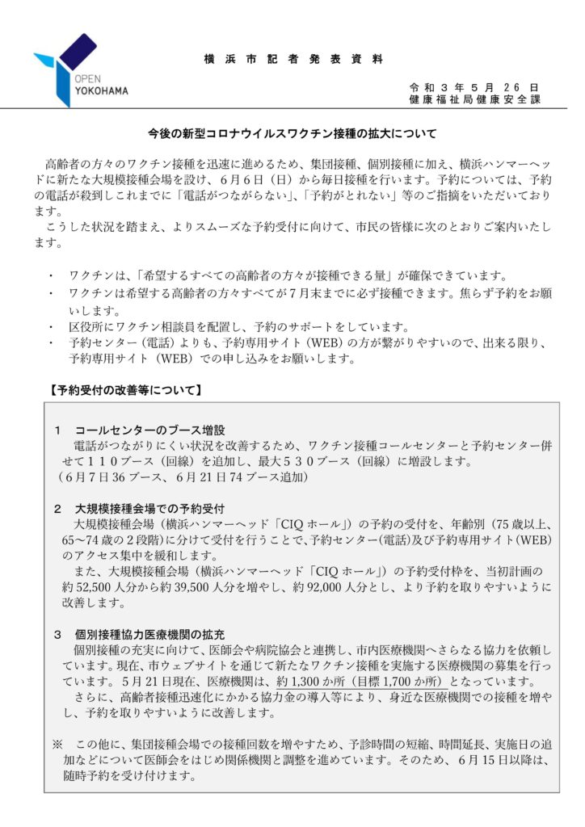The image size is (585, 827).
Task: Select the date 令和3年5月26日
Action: click(474, 87)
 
